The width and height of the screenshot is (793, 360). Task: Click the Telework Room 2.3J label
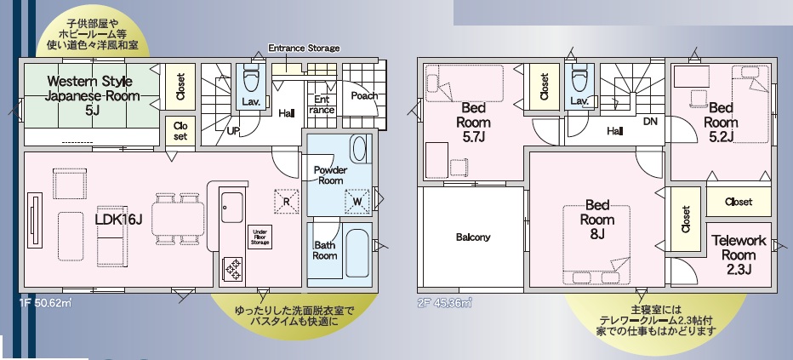click(x=739, y=254)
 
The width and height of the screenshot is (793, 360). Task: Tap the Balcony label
click(x=473, y=237)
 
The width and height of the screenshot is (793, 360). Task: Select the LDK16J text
click(x=119, y=219)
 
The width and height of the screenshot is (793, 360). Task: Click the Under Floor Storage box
click(x=260, y=237)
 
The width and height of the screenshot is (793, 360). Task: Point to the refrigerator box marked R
click(x=286, y=201)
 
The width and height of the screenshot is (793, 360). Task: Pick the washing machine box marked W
click(x=357, y=201)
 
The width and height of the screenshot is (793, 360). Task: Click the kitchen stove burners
click(x=233, y=268)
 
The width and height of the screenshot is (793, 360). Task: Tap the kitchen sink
click(x=232, y=207)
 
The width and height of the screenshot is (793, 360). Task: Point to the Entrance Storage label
click(x=304, y=49)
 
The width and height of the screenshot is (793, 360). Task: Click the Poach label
click(x=364, y=96)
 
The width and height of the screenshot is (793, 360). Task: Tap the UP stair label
click(x=233, y=131)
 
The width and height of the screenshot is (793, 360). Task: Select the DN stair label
click(x=650, y=122)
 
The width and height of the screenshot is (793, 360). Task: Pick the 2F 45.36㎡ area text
click(x=444, y=303)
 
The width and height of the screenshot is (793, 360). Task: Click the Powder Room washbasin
click(x=359, y=149)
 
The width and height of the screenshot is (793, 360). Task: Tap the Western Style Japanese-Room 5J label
click(x=90, y=95)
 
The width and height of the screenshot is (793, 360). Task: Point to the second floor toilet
click(x=579, y=80)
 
